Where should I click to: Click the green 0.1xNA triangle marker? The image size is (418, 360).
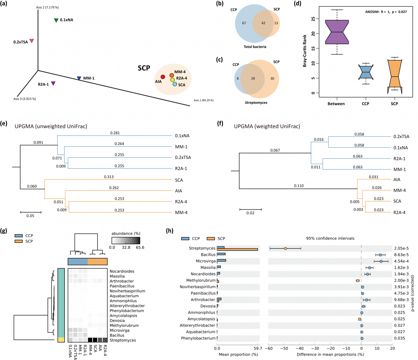point(56,21)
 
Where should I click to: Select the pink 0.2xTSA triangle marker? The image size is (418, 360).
point(32,41)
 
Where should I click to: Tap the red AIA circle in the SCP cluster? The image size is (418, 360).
point(163,77)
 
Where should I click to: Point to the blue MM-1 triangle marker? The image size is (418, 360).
point(79,78)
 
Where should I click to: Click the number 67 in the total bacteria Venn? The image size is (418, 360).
point(244,23)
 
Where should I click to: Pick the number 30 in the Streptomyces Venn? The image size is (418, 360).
point(272,78)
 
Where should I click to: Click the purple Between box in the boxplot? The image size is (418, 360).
point(337,32)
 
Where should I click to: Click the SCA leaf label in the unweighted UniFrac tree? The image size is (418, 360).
point(179,180)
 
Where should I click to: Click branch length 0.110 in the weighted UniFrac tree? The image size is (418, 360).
point(299,186)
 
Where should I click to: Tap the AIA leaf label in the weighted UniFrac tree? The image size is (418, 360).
point(397,179)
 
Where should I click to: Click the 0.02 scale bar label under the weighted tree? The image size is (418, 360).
point(250,213)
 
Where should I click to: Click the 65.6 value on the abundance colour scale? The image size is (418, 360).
point(140,247)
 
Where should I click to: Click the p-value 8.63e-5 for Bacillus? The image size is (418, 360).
point(401,255)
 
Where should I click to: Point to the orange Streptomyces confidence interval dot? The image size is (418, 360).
point(285,248)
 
